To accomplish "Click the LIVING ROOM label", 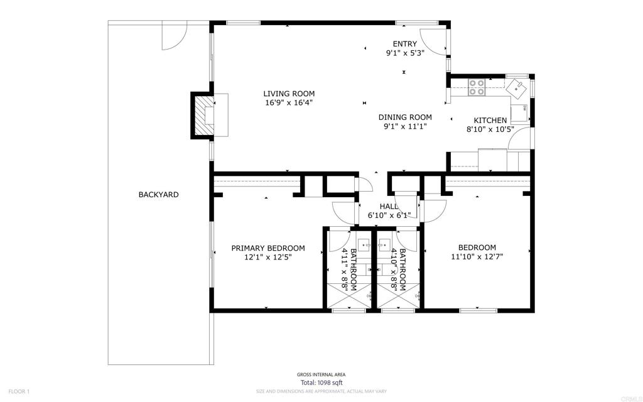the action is point(289,94).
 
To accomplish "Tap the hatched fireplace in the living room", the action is point(204,116).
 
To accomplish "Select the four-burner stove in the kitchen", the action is point(477,87).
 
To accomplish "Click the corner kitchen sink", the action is point(516,88).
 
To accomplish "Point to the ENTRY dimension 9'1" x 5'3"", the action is point(405,53).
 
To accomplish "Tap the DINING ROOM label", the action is point(405,117).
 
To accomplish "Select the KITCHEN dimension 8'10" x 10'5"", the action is point(490,129).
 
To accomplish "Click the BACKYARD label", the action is point(158,195).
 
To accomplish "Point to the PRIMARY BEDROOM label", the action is point(267,248).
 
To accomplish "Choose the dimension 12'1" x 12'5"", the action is point(267,258).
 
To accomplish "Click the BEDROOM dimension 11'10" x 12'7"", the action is point(477,257).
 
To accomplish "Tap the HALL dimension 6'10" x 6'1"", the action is point(389,215).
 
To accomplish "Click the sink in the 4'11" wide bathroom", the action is point(364,246).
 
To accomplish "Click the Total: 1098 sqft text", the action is point(321,383).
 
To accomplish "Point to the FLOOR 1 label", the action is point(19,392).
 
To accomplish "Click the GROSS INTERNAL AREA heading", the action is point(321,374).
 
